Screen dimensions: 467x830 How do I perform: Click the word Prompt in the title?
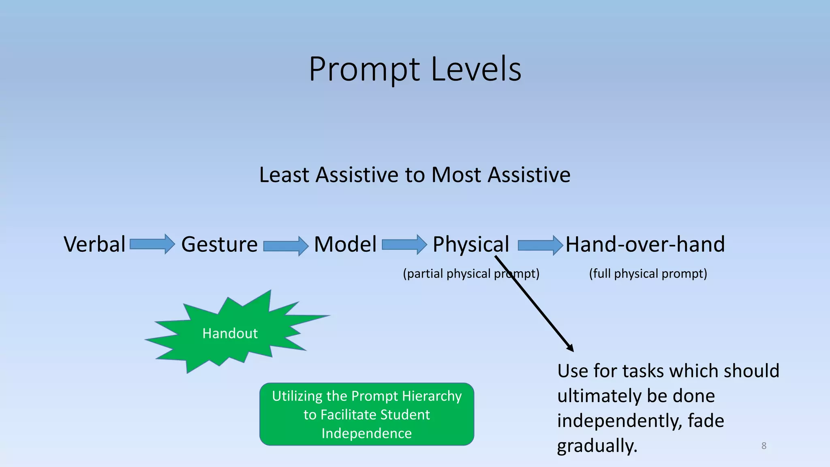[x=364, y=70]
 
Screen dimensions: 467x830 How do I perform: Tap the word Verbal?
[x=94, y=244]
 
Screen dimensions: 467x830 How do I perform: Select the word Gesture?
[x=219, y=244]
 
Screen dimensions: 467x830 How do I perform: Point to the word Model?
[x=345, y=244]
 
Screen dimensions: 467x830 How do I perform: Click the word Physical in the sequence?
[x=471, y=244]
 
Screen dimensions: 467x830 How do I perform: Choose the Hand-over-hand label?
[x=645, y=244]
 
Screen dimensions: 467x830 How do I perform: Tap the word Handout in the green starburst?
[x=230, y=333]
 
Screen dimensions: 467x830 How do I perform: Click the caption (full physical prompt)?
[x=648, y=274]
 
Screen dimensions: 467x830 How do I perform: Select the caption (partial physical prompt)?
[x=471, y=274]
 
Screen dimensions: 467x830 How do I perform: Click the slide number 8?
[x=764, y=446]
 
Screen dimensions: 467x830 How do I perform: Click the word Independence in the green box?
[x=366, y=433]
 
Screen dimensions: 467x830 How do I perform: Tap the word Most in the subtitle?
[x=457, y=175]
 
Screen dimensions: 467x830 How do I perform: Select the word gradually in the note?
[x=597, y=446]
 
